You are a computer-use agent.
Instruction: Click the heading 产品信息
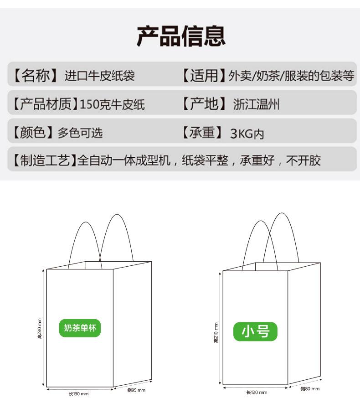click(181, 36)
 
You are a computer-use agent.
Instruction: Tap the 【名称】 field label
click(35, 75)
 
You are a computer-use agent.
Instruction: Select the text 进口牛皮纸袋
click(100, 76)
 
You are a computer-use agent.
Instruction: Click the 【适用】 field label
click(203, 75)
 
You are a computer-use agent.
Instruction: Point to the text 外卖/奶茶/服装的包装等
click(292, 76)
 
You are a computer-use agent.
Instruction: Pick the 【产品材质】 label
click(44, 104)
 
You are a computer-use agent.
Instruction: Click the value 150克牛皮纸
click(112, 105)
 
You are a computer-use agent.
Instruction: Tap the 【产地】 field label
click(203, 104)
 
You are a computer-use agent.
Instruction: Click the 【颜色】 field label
click(32, 133)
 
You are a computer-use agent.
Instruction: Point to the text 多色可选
click(80, 133)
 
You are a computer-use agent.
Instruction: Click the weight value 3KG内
click(247, 134)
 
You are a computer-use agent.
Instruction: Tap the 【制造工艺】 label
click(44, 160)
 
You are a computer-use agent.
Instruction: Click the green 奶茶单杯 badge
click(80, 328)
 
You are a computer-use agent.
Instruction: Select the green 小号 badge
click(255, 331)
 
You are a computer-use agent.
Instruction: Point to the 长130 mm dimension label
click(78, 393)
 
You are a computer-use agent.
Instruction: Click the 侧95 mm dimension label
click(136, 390)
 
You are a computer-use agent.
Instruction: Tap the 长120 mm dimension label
click(257, 392)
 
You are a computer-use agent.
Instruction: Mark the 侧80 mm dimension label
click(310, 389)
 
